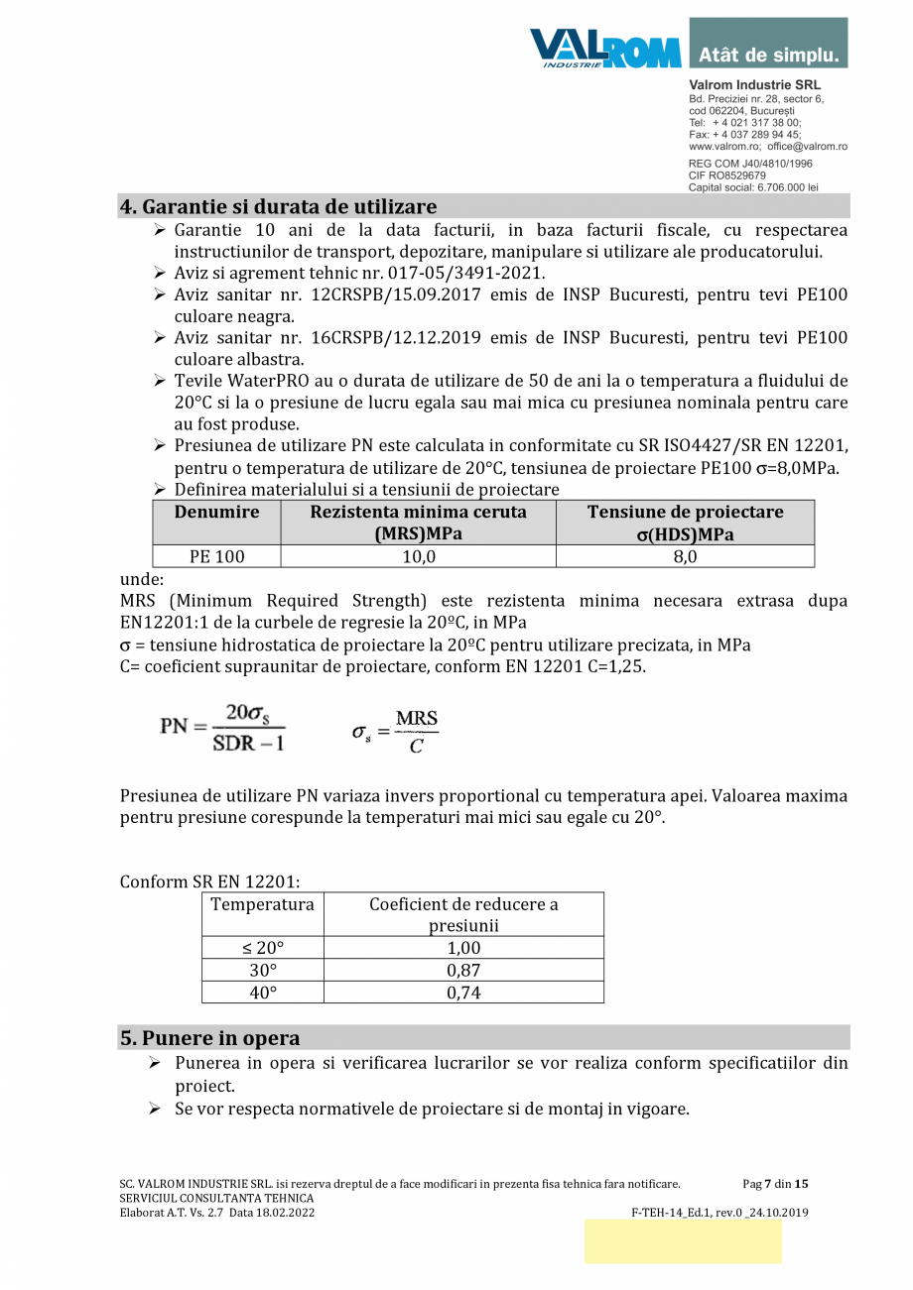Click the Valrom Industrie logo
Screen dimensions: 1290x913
[x=604, y=48]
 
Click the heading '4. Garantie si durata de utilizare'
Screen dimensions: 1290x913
[x=278, y=206]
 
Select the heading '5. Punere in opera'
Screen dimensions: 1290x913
[x=209, y=1038]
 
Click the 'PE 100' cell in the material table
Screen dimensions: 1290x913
[x=216, y=556]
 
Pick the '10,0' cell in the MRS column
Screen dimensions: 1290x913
[x=418, y=556]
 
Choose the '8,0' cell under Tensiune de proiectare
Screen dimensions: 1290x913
[x=685, y=556]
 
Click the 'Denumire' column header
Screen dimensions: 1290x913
[x=216, y=513]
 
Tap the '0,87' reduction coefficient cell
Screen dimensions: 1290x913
[x=463, y=970]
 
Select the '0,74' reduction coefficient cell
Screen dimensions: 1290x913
[x=463, y=993]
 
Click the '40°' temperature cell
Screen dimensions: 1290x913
[x=263, y=993]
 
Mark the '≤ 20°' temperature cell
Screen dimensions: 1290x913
[x=263, y=947]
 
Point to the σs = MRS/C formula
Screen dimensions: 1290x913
[x=395, y=731]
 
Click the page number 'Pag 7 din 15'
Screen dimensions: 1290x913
[x=775, y=1183]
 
